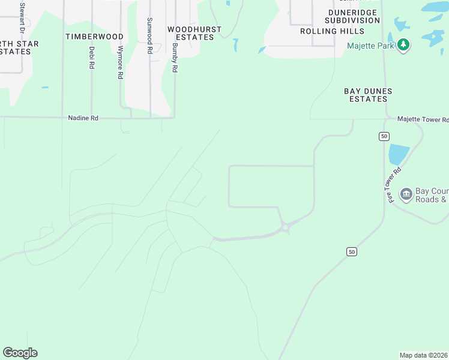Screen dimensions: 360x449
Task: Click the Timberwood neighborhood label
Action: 94,37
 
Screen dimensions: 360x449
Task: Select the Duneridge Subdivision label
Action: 354,16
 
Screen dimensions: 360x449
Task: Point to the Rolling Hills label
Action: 340,31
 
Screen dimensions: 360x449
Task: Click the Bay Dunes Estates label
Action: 368,95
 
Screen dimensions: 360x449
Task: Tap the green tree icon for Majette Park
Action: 404,46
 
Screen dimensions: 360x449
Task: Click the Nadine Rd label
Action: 83,119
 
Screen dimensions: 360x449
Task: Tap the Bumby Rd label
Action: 175,58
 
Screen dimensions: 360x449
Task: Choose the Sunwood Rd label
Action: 149,36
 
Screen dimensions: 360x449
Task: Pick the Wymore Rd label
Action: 121,62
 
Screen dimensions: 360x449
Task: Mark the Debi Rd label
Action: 92,57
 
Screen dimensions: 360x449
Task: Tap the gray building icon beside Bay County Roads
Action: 406,194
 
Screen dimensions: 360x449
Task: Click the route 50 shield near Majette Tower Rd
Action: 384,137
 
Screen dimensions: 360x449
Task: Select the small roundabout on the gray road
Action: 286,227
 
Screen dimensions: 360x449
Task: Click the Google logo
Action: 20,353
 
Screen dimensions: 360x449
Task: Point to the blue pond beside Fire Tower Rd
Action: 399,154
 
